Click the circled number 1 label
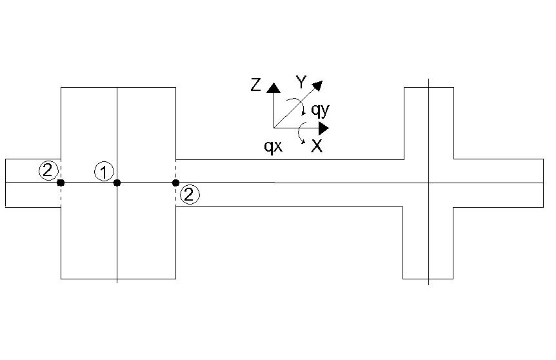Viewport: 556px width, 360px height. pyautogui.click(x=104, y=172)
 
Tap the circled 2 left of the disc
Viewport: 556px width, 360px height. pyautogui.click(x=48, y=170)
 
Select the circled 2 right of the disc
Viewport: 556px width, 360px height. pyautogui.click(x=190, y=194)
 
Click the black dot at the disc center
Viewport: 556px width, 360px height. pyautogui.click(x=117, y=183)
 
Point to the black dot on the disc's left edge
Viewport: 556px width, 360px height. pyautogui.click(x=61, y=183)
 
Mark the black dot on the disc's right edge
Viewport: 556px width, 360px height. pyautogui.click(x=175, y=183)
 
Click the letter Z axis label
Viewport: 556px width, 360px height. pyautogui.click(x=255, y=85)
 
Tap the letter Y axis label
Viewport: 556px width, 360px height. pyautogui.click(x=301, y=83)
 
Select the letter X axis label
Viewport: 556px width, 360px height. pyautogui.click(x=317, y=146)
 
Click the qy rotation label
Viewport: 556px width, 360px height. pyautogui.click(x=320, y=110)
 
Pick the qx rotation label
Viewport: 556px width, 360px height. pyautogui.click(x=273, y=146)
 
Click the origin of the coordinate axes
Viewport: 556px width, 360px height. pyautogui.click(x=273, y=128)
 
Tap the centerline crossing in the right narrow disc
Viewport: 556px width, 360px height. pyautogui.click(x=428, y=183)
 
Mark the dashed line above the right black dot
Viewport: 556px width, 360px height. pyautogui.click(x=175, y=170)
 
